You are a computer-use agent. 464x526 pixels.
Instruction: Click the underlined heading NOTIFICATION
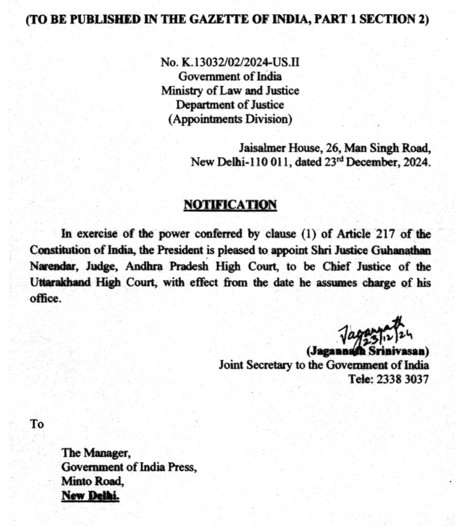click(x=230, y=204)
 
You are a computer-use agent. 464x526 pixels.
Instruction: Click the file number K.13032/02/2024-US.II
click(x=238, y=63)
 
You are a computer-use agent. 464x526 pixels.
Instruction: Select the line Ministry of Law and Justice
click(x=230, y=91)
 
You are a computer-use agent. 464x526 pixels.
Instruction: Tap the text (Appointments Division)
click(x=230, y=120)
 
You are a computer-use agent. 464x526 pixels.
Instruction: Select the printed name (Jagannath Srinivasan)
click(x=367, y=352)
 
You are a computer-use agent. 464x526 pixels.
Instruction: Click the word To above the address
click(x=37, y=425)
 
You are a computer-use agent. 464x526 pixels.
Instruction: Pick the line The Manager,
click(x=92, y=453)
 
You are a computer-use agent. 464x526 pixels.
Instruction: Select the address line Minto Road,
click(x=92, y=482)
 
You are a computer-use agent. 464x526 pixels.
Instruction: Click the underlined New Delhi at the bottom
click(x=90, y=496)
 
